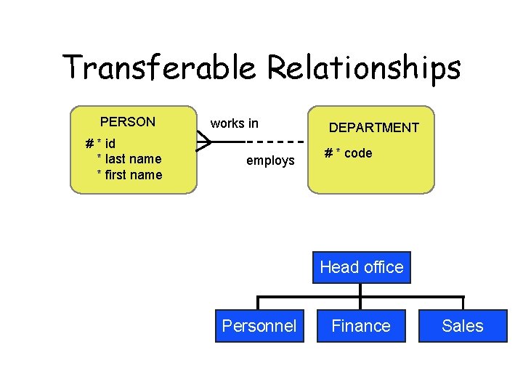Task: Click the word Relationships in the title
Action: tap(364, 68)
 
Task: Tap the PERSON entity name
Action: tap(128, 121)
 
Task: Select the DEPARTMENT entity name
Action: tap(374, 128)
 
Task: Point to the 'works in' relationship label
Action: tap(234, 123)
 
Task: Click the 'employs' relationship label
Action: tap(270, 160)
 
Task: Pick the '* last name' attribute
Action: tap(129, 159)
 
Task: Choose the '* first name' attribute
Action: tap(129, 175)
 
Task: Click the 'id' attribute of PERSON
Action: tap(110, 144)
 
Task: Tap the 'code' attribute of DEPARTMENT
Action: tap(358, 153)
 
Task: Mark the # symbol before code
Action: tap(329, 153)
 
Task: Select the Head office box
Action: tap(361, 267)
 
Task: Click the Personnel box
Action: tap(259, 326)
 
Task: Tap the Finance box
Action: tap(361, 326)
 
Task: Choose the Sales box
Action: tap(463, 326)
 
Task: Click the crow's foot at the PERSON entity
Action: tap(203, 141)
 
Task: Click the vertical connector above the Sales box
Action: tap(463, 303)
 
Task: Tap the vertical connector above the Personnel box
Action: tap(259, 303)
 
